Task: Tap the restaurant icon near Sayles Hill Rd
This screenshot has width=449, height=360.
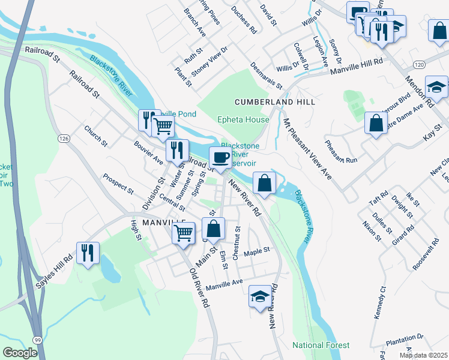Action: tap(88, 253)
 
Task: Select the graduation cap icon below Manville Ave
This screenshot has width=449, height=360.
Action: tap(260, 296)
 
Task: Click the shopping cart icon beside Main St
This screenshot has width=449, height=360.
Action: tap(184, 232)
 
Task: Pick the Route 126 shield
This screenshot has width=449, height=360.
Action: tap(64, 139)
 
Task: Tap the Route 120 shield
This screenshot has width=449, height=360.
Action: tap(419, 64)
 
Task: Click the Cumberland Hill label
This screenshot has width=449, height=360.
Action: tap(275, 103)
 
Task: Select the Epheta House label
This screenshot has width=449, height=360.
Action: tap(243, 119)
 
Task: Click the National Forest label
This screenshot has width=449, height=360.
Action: tap(321, 345)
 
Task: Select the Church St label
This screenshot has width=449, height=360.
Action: tap(95, 136)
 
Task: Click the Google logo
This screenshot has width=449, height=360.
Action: tap(20, 353)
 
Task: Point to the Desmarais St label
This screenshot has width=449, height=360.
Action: tap(263, 74)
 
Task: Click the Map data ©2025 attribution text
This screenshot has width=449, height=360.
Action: tap(424, 355)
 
